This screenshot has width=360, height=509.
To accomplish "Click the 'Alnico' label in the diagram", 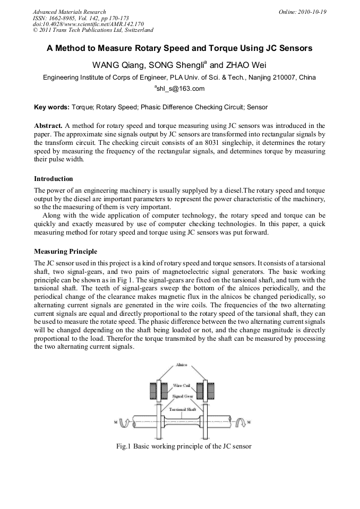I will (181, 365).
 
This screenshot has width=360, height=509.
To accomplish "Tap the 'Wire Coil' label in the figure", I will (181, 385).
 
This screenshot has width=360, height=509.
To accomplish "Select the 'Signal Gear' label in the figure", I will (181, 396).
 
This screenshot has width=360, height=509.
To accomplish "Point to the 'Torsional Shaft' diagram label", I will (183, 409).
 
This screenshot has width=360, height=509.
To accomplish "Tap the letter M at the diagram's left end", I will (115, 422).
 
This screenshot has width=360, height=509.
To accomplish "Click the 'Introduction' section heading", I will (53, 178).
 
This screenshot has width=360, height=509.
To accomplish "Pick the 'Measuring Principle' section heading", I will (65, 251).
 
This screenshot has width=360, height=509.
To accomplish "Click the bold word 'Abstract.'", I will (48, 126).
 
